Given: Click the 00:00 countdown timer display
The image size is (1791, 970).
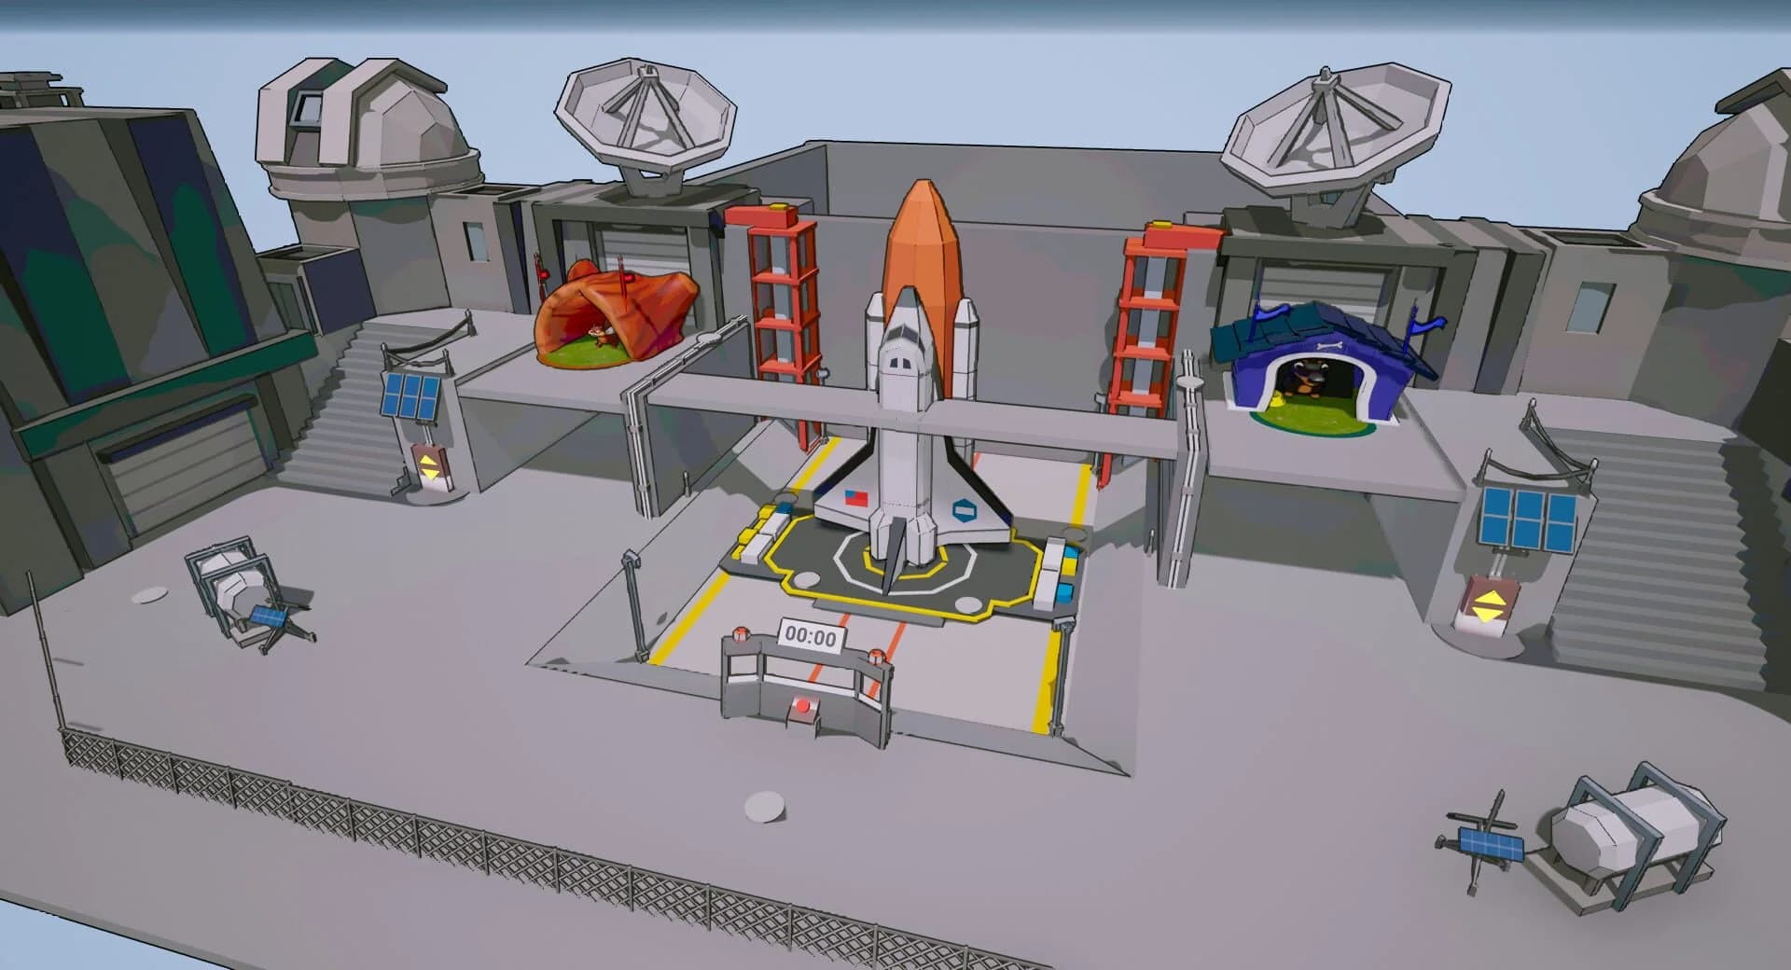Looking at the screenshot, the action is tap(812, 637).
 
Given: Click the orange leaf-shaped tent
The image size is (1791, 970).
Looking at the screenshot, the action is tap(616, 314).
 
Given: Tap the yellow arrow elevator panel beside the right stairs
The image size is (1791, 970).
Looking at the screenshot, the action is tap(1487, 606).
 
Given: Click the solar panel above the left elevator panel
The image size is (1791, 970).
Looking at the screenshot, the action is tap(411, 397).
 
